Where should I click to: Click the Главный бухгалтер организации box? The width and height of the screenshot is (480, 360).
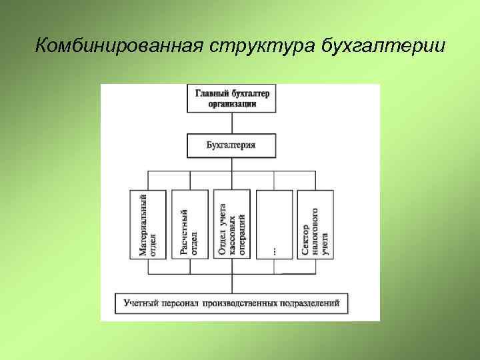coord(232,99)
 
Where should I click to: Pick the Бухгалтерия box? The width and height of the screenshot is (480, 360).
coord(231,145)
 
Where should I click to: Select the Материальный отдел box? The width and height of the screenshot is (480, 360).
coord(148,225)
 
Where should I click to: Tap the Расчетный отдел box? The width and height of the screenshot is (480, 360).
coord(190,225)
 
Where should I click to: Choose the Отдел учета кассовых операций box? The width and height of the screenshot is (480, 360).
coord(231,225)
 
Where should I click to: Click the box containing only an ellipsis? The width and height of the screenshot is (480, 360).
coord(274,225)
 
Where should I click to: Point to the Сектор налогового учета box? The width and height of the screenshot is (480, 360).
coord(315,225)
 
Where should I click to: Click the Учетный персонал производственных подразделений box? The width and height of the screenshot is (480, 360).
coord(231,304)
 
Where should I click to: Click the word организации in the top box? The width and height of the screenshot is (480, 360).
coord(232,104)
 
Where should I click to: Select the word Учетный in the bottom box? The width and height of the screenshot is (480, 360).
coord(140,304)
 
